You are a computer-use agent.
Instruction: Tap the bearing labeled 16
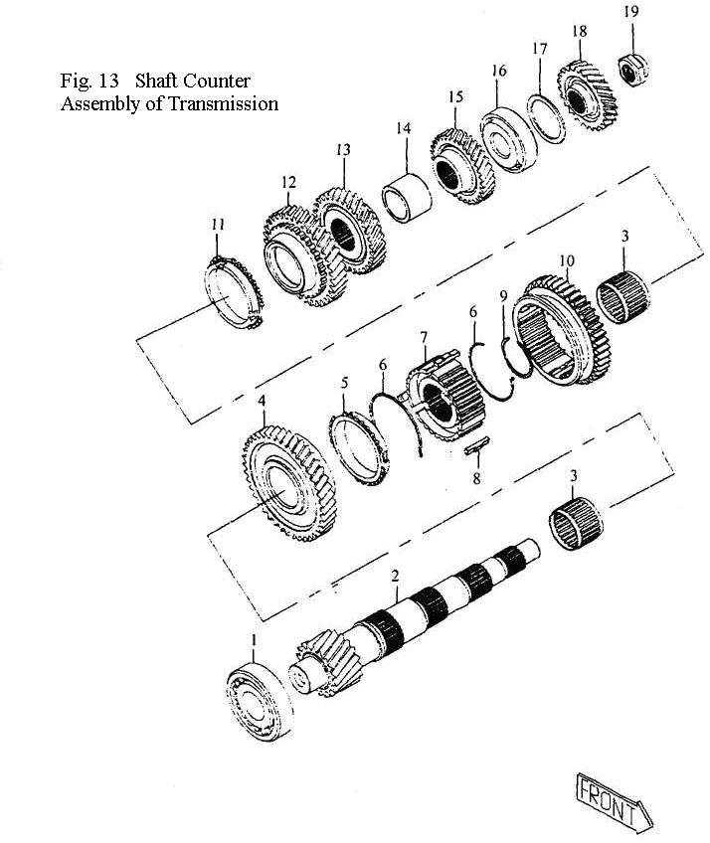(508, 132)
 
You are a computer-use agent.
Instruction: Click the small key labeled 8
(478, 449)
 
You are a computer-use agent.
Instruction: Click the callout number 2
(395, 577)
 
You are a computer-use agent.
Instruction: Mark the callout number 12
(288, 182)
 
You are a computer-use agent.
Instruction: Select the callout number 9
(504, 295)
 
